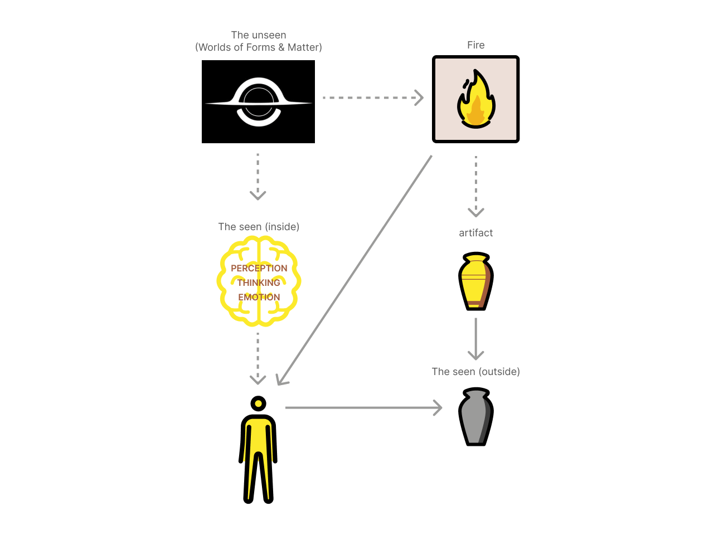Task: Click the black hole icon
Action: click(x=259, y=103)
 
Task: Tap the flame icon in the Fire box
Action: click(x=475, y=99)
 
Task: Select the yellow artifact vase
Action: click(x=475, y=281)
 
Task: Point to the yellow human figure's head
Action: click(x=258, y=403)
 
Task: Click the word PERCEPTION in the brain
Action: click(x=259, y=268)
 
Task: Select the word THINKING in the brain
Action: click(x=259, y=283)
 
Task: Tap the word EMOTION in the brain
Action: click(x=259, y=297)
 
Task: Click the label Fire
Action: click(x=475, y=45)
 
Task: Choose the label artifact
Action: click(x=475, y=233)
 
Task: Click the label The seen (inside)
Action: click(x=259, y=227)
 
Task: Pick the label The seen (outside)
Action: click(x=475, y=372)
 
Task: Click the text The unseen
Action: click(x=259, y=35)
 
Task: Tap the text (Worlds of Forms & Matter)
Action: click(x=259, y=47)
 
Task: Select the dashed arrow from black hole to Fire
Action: click(x=372, y=98)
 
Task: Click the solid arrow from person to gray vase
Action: click(x=362, y=408)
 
